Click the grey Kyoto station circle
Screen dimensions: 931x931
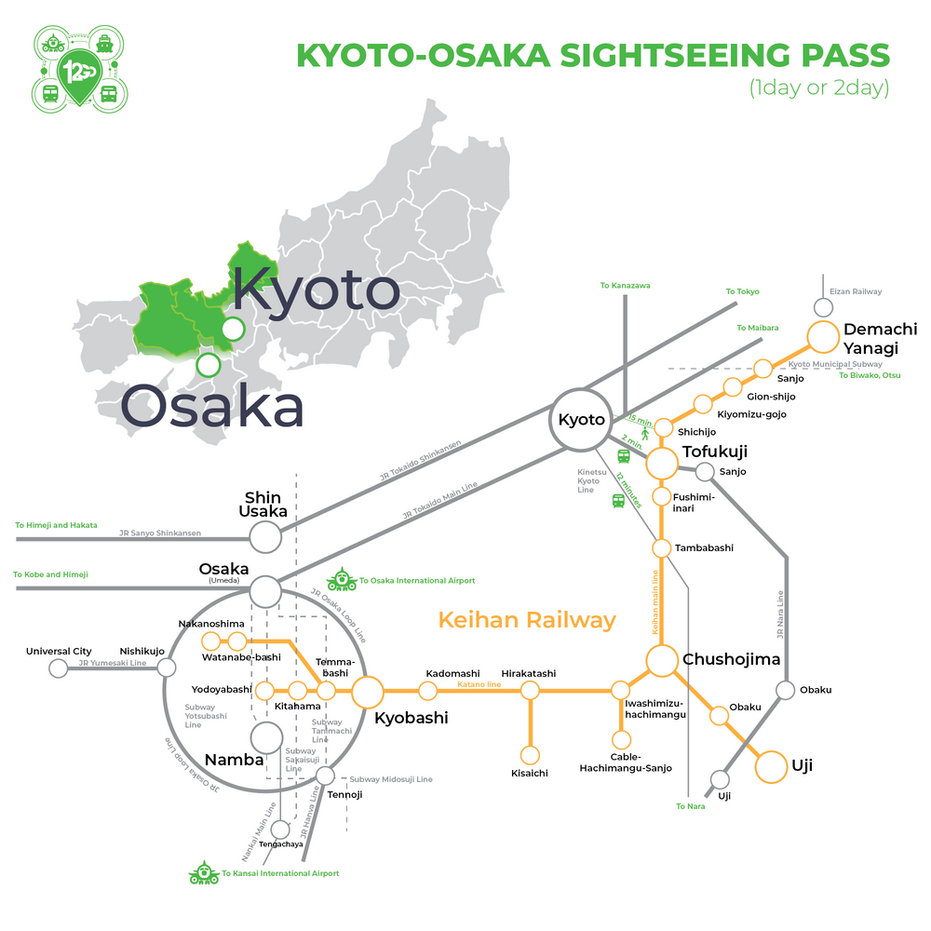(x=582, y=419)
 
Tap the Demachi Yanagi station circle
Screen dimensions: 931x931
(x=823, y=337)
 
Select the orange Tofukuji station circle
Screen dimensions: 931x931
(x=662, y=462)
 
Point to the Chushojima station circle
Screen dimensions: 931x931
(x=662, y=660)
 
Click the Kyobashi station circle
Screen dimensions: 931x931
(x=368, y=691)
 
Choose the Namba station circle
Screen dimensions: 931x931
(x=266, y=738)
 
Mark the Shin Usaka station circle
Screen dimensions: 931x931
(x=265, y=536)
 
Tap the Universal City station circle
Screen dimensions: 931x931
(x=59, y=668)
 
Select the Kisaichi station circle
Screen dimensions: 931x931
(x=530, y=755)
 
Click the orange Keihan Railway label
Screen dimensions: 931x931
(x=527, y=619)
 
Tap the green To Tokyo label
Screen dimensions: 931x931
(x=743, y=291)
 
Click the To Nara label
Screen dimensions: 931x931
(x=691, y=806)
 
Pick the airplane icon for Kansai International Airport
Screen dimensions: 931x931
(x=203, y=873)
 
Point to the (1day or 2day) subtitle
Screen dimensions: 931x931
(x=819, y=89)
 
